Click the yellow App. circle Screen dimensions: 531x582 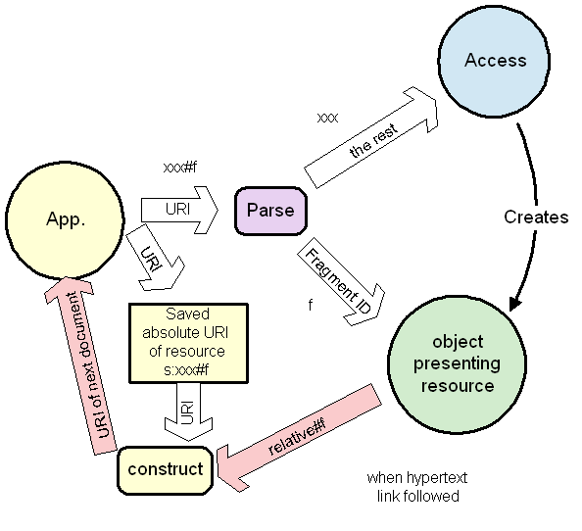66,217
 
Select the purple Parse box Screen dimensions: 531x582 270,211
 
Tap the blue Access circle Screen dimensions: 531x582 495,61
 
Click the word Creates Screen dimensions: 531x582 536,217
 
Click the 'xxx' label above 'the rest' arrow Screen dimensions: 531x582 327,118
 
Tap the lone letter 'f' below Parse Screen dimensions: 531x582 310,305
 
